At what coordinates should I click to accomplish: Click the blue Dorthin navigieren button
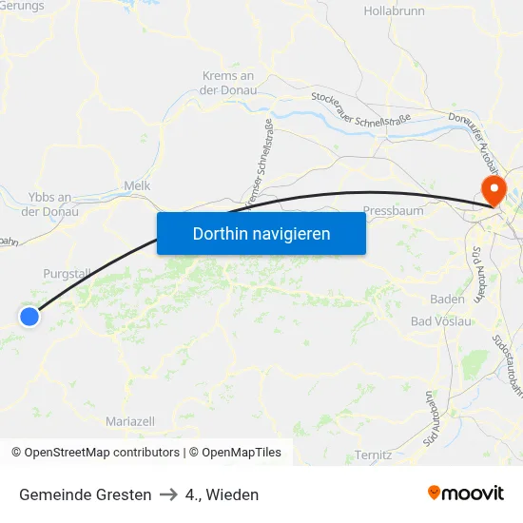tap(261, 233)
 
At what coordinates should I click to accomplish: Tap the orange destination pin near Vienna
tap(494, 189)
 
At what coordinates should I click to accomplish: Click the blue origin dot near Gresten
tap(29, 318)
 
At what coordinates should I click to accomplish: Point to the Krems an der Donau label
tap(228, 83)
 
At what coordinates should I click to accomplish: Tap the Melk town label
tap(138, 186)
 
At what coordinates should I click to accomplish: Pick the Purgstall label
tap(67, 274)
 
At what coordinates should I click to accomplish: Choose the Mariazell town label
tap(130, 421)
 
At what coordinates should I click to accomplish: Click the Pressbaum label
tap(394, 211)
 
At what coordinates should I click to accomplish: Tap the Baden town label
tap(447, 299)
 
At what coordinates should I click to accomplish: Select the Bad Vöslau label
tap(441, 321)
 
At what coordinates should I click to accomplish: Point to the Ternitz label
tap(373, 455)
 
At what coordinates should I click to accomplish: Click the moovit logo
tap(466, 494)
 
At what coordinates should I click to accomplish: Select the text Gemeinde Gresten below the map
tap(85, 494)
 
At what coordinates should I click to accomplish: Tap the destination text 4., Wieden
tap(222, 494)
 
